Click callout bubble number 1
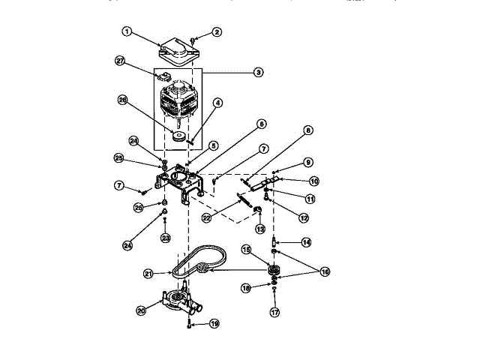coord(127,31)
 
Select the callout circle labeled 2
coord(217,31)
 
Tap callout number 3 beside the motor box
coord(257,73)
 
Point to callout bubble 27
coord(120,61)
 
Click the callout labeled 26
coord(121,99)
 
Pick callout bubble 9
coord(308,163)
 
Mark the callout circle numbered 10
coord(314,181)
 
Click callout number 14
coord(305,241)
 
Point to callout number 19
coord(214,324)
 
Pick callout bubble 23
coord(165,238)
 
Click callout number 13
coord(260,228)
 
